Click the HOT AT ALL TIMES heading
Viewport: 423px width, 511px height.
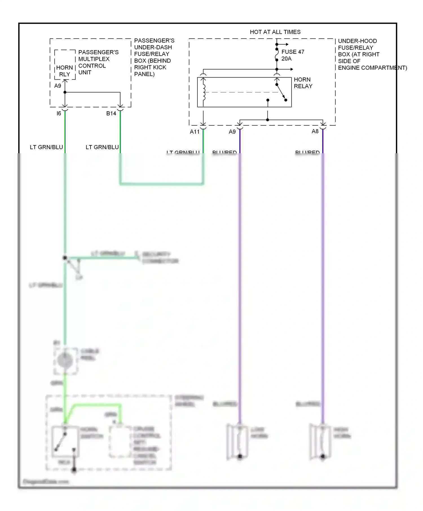point(275,32)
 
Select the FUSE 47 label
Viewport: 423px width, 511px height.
point(293,52)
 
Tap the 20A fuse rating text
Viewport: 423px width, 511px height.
point(286,59)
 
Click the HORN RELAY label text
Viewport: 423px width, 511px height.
point(303,83)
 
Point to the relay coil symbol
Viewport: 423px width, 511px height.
point(204,92)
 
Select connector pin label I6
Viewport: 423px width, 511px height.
point(59,114)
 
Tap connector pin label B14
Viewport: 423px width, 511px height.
point(111,114)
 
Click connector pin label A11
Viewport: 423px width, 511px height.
point(195,132)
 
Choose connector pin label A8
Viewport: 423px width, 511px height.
point(315,132)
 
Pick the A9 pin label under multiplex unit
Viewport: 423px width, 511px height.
point(58,86)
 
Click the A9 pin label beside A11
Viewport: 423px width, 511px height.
point(232,132)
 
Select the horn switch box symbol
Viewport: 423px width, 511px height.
point(65,441)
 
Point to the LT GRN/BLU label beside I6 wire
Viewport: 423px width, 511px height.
point(46,147)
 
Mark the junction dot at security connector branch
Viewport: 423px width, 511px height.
point(65,258)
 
